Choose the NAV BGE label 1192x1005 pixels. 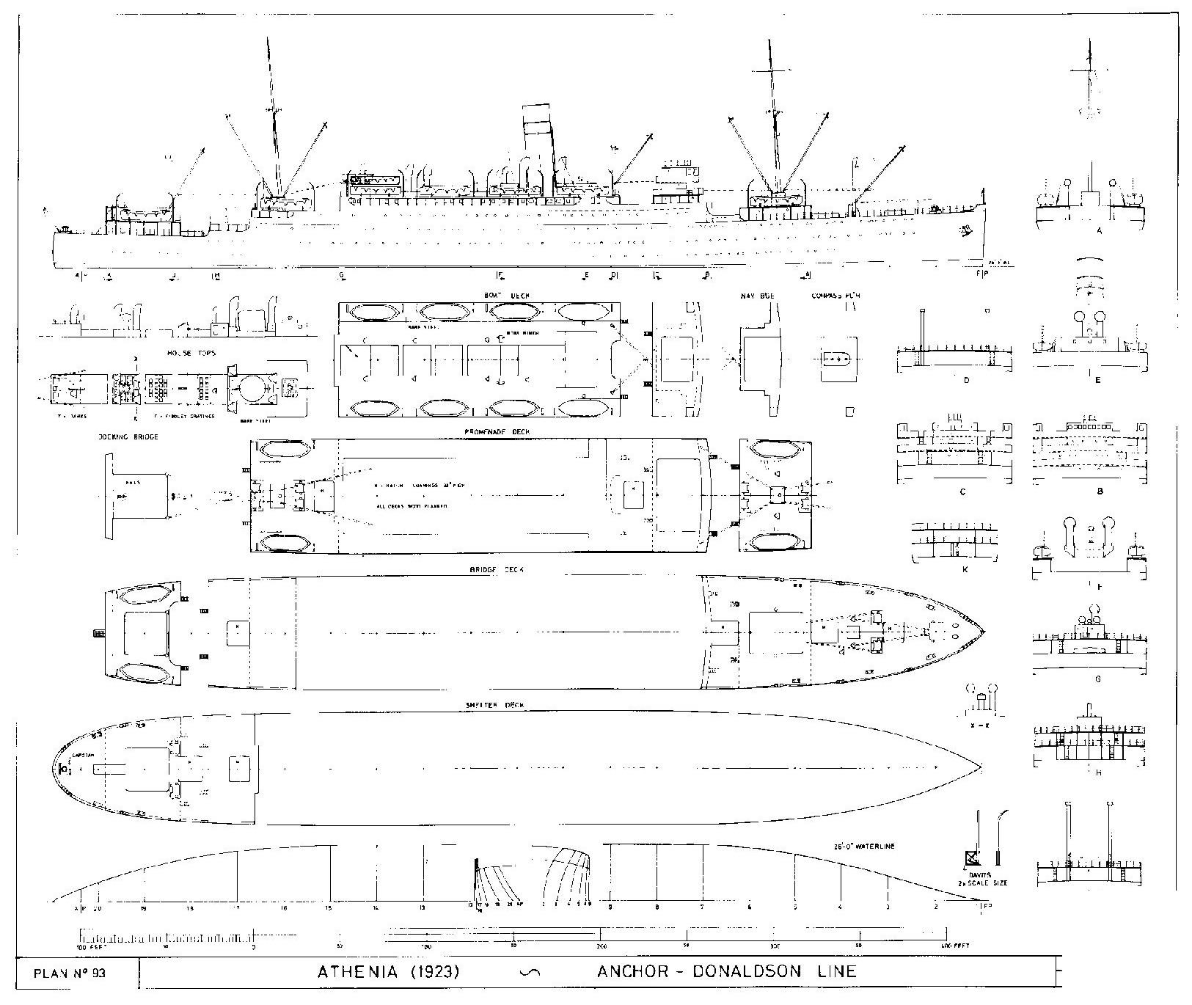[757, 296]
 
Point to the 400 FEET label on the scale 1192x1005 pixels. [954, 946]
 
